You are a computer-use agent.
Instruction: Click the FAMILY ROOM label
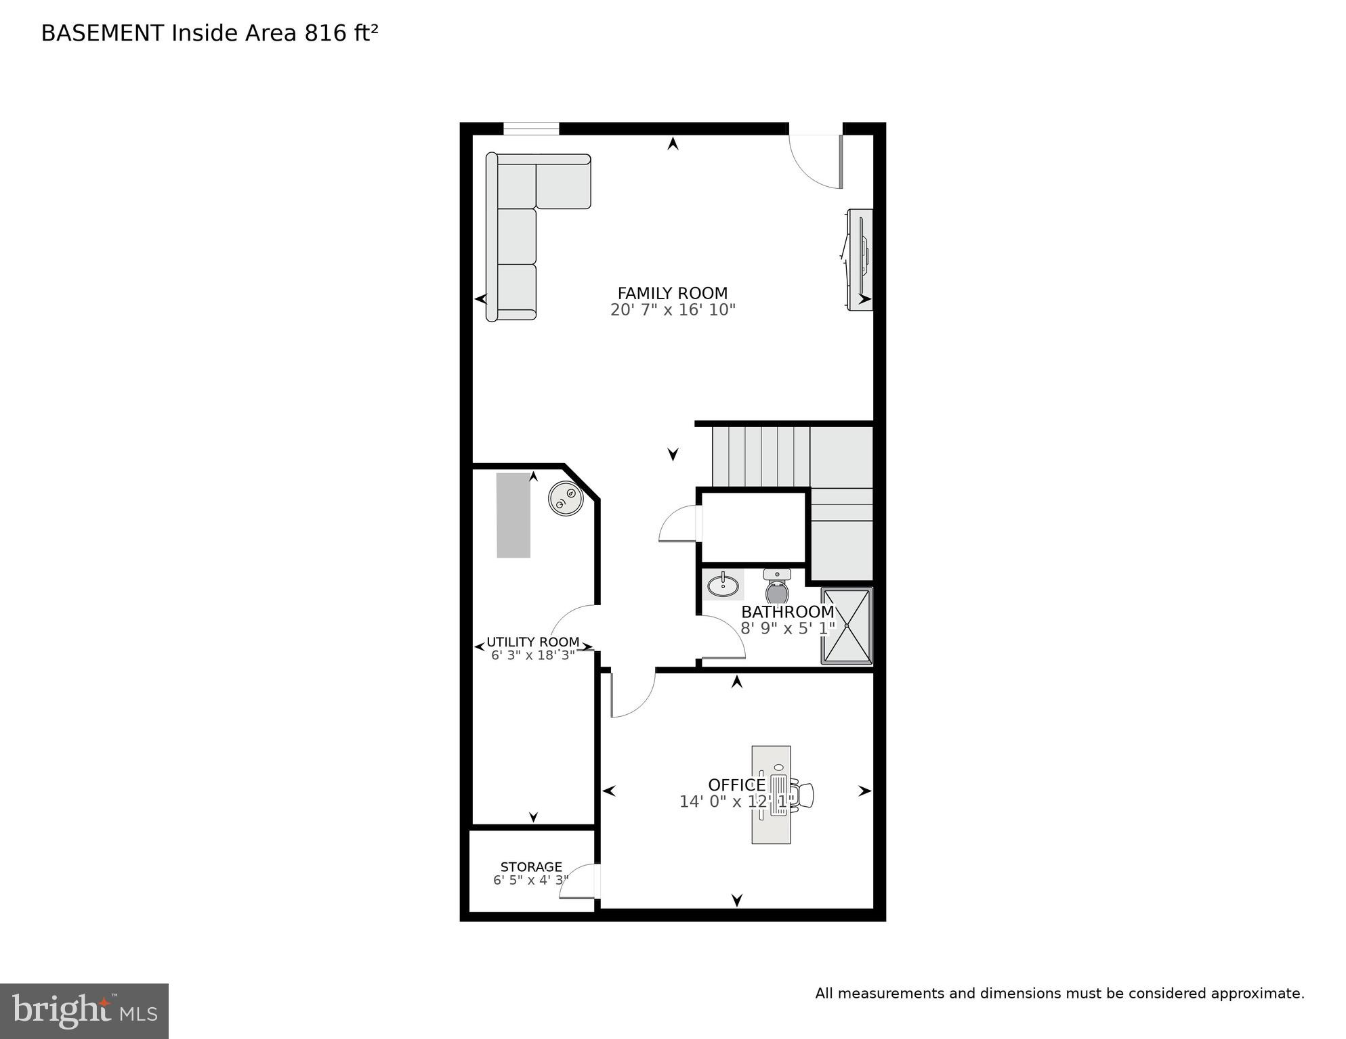pyautogui.click(x=672, y=293)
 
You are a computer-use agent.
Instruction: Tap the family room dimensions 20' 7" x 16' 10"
pyautogui.click(x=672, y=310)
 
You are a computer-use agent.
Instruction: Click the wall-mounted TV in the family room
pyautogui.click(x=860, y=260)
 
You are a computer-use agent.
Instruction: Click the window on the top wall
pyautogui.click(x=531, y=128)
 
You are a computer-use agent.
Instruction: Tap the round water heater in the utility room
pyautogui.click(x=565, y=499)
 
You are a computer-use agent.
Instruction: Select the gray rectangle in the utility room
pyautogui.click(x=513, y=515)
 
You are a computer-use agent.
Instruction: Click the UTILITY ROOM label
pyautogui.click(x=532, y=642)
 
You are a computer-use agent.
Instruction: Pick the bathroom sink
pyautogui.click(x=723, y=584)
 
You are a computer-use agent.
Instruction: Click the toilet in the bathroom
pyautogui.click(x=777, y=588)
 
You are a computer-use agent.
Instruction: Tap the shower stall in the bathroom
pyautogui.click(x=846, y=626)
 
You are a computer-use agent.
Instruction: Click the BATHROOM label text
pyautogui.click(x=787, y=612)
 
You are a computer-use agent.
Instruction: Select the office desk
pyautogui.click(x=771, y=795)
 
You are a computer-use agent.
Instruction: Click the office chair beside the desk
pyautogui.click(x=804, y=795)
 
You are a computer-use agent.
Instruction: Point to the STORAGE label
pyautogui.click(x=531, y=866)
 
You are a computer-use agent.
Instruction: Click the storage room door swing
pyautogui.click(x=580, y=882)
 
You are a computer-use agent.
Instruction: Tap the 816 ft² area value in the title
pyautogui.click(x=341, y=33)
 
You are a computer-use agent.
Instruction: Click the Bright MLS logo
pyautogui.click(x=84, y=1011)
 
